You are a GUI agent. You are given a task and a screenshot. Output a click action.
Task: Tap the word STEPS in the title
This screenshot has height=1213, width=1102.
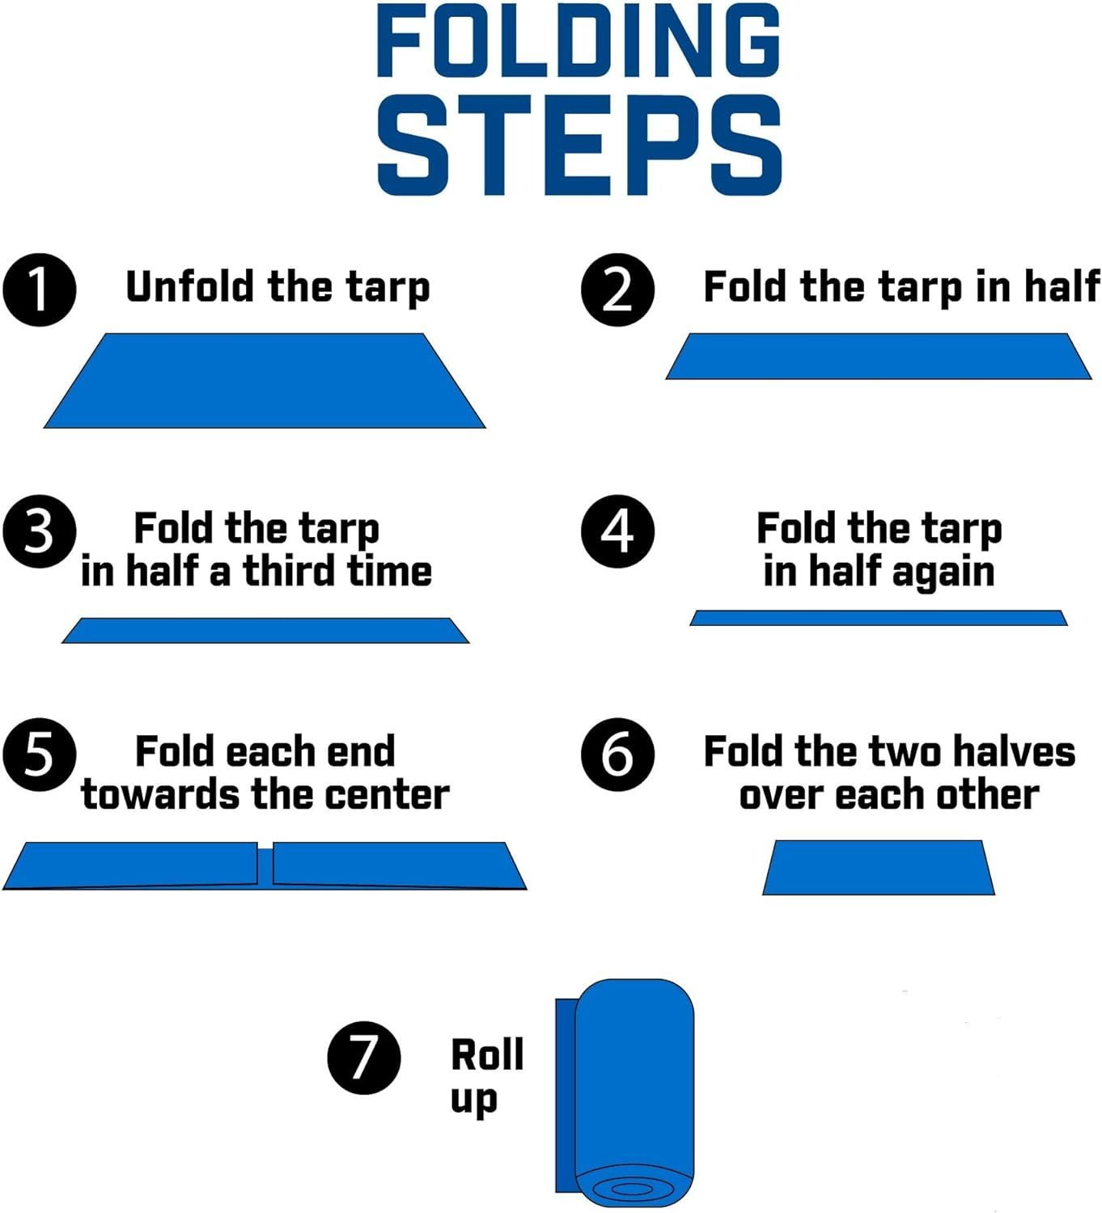click(579, 146)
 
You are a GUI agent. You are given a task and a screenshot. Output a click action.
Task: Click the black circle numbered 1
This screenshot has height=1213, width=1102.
click(39, 290)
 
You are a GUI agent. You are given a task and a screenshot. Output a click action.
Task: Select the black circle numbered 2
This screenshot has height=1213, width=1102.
click(617, 290)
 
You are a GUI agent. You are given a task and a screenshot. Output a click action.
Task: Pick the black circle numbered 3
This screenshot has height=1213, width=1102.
click(39, 531)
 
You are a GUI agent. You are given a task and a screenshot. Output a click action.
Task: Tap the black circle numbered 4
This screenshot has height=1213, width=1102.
click(617, 531)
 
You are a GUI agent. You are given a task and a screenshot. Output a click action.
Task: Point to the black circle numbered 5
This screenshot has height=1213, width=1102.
click(39, 754)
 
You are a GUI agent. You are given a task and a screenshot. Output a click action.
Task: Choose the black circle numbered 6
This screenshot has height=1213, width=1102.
click(617, 754)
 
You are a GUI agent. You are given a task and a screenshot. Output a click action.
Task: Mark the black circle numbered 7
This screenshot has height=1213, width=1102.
click(363, 1057)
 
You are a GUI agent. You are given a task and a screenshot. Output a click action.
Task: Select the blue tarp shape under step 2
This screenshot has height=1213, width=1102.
click(878, 357)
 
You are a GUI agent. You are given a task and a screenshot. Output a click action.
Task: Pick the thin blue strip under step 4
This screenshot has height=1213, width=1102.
click(878, 618)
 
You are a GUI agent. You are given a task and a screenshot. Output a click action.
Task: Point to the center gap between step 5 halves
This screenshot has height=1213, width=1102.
click(265, 864)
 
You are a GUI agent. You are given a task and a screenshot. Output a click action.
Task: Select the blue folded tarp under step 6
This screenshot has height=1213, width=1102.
click(878, 868)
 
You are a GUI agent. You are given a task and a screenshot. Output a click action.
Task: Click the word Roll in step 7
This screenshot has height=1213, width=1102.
click(487, 1055)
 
